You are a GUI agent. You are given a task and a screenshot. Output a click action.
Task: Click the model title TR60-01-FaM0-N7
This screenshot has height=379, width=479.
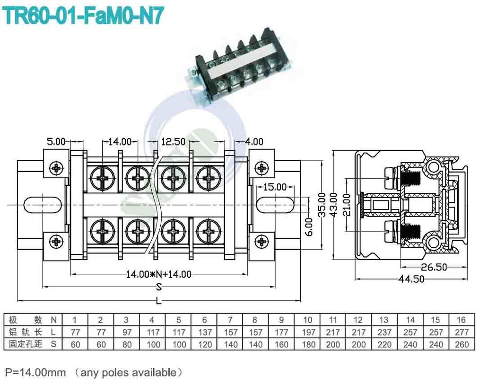click(x=84, y=16)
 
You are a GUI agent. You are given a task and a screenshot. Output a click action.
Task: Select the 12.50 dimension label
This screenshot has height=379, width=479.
click(x=173, y=141)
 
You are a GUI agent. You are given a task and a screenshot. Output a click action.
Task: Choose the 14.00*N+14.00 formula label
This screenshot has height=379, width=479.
click(x=158, y=274)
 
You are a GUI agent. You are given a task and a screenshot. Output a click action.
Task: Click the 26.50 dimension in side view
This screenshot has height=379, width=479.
click(x=434, y=267)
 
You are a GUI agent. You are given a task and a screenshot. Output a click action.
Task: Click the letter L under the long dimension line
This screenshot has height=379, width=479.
click(x=159, y=302)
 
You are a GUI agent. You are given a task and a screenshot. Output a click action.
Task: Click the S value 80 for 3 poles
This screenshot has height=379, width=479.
click(x=126, y=344)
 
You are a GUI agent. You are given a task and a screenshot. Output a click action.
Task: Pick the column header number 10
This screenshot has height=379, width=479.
click(x=308, y=320)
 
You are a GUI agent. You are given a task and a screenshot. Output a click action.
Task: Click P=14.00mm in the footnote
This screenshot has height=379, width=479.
click(x=35, y=372)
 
